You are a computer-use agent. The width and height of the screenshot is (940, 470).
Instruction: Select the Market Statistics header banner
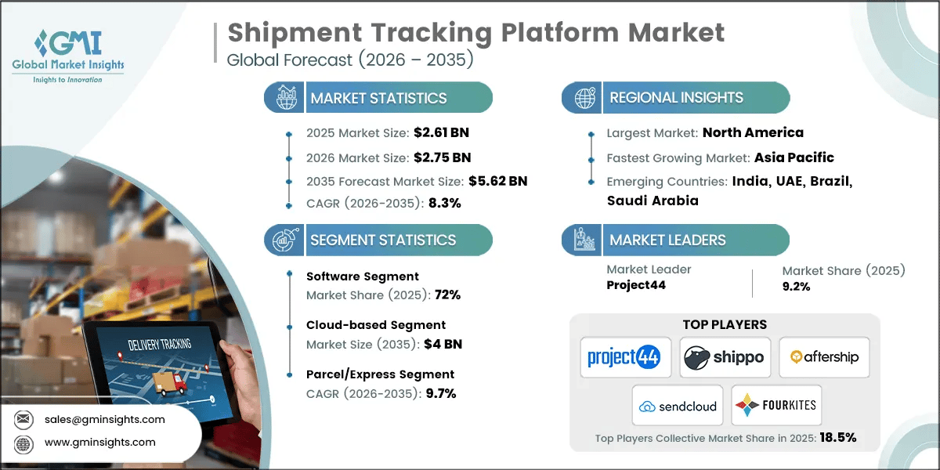point(378,98)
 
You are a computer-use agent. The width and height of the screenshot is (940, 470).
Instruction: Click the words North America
point(753,132)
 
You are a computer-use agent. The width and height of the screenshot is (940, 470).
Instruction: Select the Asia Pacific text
point(794,157)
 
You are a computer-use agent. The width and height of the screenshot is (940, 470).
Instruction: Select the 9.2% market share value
point(796,286)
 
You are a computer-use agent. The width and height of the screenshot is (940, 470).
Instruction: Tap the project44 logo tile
point(624,357)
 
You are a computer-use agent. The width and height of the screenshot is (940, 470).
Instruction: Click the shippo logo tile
point(725,357)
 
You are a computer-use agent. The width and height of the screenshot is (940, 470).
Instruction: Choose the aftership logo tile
point(824,357)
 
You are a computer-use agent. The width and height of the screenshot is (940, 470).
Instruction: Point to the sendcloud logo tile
point(678,405)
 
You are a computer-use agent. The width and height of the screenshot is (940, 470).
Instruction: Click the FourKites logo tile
point(776,405)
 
